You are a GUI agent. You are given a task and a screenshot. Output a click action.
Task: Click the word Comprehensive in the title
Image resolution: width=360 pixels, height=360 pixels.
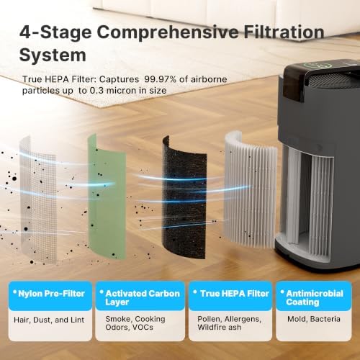(x=167, y=32)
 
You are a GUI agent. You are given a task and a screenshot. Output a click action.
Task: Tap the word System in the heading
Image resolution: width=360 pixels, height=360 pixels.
(x=53, y=55)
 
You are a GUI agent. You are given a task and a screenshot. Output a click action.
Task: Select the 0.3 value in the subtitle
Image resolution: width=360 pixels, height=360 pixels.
(x=96, y=91)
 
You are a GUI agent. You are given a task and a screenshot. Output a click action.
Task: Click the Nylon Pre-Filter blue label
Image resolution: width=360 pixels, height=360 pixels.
(x=50, y=295)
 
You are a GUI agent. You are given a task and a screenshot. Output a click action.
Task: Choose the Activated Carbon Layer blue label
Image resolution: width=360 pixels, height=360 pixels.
(x=140, y=295)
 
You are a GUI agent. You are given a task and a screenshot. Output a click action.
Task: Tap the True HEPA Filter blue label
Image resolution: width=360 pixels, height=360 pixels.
(x=230, y=295)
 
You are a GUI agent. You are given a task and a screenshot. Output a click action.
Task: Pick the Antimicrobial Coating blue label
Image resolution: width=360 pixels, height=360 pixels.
(x=314, y=295)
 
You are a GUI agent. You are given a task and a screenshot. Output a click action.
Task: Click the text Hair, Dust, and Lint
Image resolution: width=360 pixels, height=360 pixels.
(x=49, y=320)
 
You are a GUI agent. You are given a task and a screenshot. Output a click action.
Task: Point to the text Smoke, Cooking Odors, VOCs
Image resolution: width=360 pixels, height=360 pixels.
(x=135, y=323)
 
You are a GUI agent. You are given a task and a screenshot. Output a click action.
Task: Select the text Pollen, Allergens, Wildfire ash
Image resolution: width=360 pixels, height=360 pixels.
(x=229, y=323)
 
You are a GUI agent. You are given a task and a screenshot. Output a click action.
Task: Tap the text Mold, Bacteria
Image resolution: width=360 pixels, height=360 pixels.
(x=314, y=319)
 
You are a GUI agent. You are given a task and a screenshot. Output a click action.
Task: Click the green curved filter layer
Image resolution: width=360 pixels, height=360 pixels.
(x=107, y=197)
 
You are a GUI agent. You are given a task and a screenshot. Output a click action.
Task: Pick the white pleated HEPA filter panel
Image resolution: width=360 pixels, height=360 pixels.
(x=250, y=189)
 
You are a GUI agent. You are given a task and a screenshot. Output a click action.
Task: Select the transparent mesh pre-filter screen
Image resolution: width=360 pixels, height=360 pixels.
(x=38, y=200)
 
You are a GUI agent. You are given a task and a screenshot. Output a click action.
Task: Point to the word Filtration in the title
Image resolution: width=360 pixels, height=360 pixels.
(x=284, y=32)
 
